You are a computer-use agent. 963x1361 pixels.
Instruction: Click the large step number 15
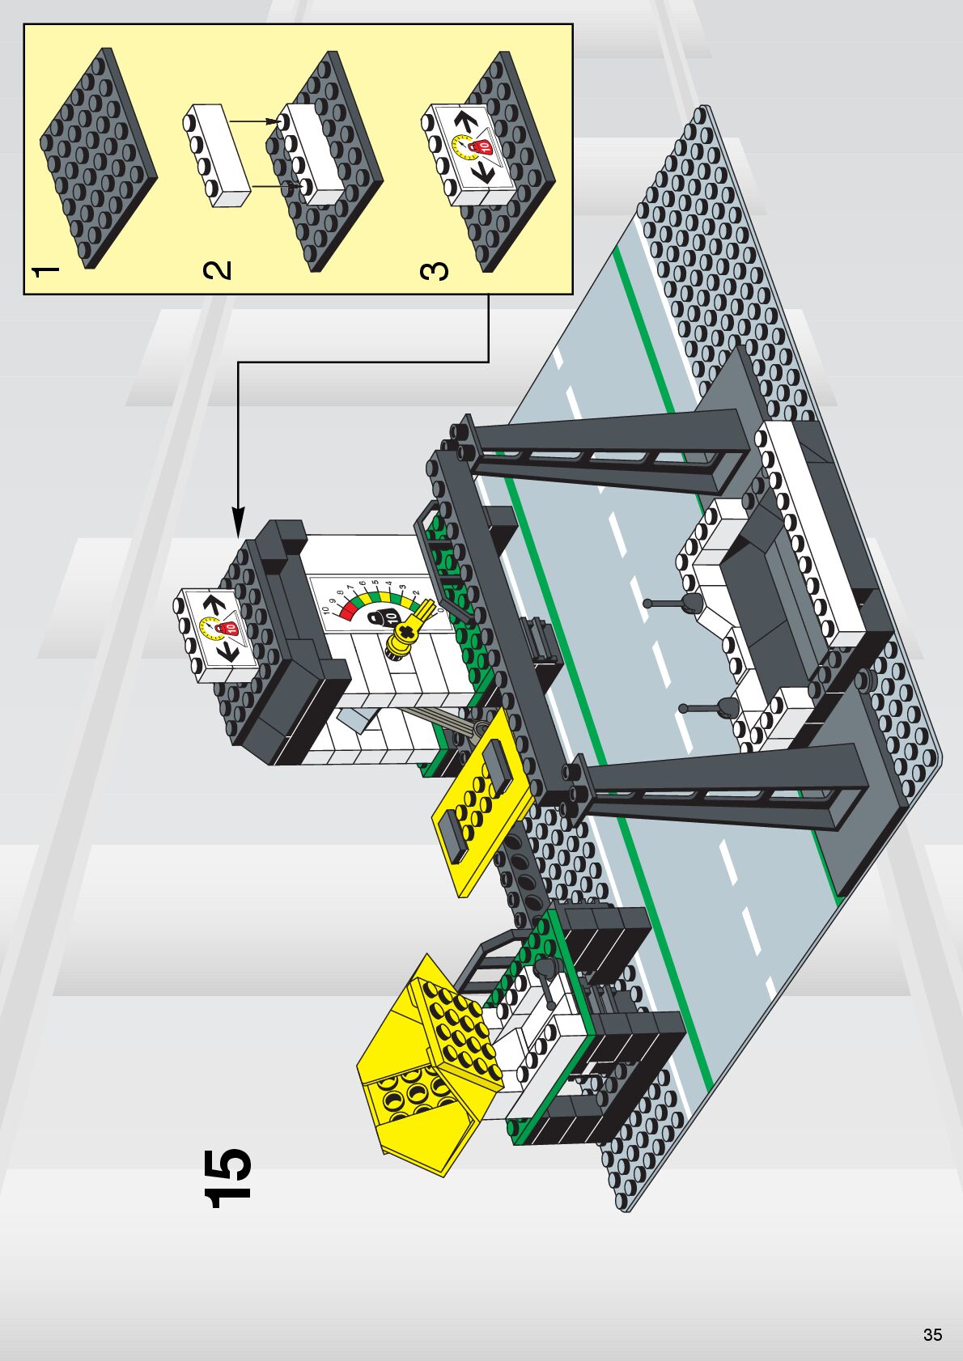228,1177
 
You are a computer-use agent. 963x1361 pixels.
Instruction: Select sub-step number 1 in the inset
46,271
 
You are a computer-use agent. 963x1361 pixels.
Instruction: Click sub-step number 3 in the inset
435,270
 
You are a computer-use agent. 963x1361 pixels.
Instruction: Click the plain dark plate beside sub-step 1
97,158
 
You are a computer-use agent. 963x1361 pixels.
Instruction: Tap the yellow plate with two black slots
484,801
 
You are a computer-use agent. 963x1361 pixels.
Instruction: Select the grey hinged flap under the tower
356,720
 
